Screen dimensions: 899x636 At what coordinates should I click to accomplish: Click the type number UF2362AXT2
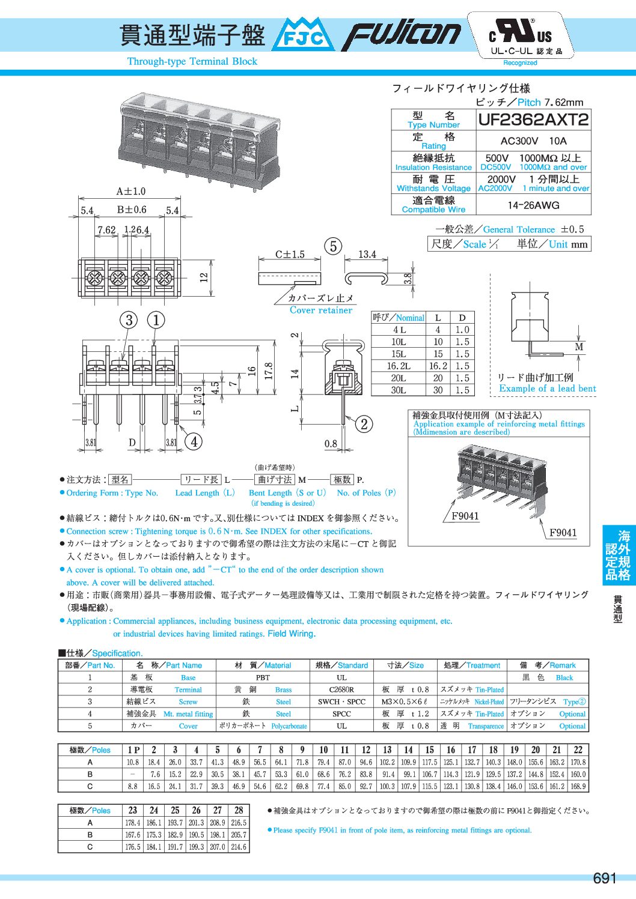[533, 120]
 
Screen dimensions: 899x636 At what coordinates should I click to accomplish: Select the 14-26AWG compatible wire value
[533, 205]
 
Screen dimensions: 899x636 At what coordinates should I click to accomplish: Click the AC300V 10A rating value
[533, 141]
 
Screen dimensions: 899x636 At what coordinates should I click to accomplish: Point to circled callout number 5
[333, 246]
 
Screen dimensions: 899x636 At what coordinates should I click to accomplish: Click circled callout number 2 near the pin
[364, 424]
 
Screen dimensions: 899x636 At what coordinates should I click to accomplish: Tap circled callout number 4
[194, 442]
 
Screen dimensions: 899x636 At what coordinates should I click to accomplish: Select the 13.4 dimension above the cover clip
[367, 255]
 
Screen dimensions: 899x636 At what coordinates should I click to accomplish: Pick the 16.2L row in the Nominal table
[399, 366]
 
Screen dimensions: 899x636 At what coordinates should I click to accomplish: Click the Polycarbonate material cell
[289, 726]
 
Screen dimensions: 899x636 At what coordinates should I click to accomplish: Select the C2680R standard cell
[341, 690]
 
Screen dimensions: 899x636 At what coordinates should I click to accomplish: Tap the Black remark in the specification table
[564, 678]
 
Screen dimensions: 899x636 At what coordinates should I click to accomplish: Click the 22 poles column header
[578, 750]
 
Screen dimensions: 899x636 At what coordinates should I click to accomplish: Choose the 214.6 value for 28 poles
[239, 847]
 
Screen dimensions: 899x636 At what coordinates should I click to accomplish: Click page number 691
[604, 879]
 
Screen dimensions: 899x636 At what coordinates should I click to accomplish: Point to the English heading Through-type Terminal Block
[192, 61]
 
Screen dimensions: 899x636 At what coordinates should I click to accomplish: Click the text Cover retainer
[321, 310]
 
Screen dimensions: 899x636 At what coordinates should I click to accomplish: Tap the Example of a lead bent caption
[547, 389]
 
